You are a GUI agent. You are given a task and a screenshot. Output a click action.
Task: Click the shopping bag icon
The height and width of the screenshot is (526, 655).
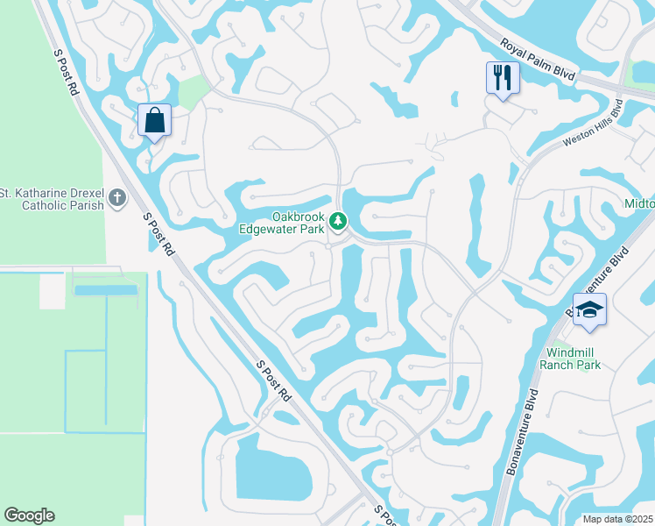tap(155, 121)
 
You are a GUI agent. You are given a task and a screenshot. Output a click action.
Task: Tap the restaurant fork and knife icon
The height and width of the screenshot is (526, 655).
tap(502, 78)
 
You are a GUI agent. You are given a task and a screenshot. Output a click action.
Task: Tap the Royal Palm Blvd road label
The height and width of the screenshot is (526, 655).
tap(538, 60)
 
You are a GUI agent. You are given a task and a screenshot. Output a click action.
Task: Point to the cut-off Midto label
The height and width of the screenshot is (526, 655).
tap(638, 203)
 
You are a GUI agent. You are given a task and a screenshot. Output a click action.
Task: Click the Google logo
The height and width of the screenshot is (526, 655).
tap(29, 515)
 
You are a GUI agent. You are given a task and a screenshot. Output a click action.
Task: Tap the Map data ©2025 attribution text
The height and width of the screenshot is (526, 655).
tap(617, 519)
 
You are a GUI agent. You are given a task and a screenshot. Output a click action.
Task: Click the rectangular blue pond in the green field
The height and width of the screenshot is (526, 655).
tap(106, 289)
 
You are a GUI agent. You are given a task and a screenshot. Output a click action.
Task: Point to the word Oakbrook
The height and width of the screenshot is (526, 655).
tap(298, 217)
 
